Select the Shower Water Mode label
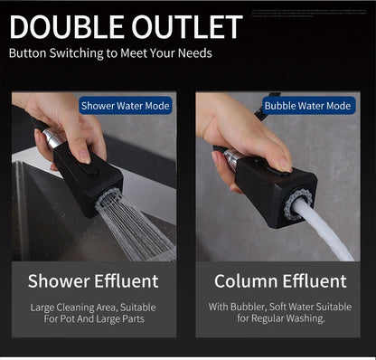[125, 105]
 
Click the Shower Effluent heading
[93, 280]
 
